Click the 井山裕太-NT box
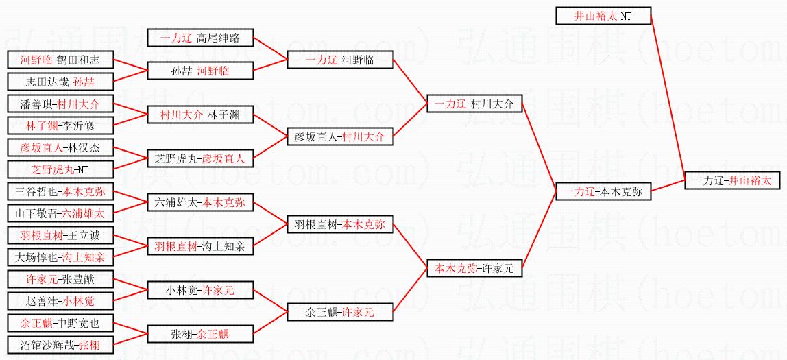603,16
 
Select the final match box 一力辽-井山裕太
731,180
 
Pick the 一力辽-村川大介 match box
474,104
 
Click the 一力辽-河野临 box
340,60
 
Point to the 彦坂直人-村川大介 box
340,136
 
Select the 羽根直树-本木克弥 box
340,224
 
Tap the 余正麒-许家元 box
340,312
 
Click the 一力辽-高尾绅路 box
199,38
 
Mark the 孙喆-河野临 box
200,71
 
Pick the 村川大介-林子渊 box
200,115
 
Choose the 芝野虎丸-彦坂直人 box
200,158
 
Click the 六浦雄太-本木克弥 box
200,202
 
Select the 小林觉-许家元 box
200,290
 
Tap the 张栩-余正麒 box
200,334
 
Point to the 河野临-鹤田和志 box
60,60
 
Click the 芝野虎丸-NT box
60,169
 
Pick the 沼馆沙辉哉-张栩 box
60,345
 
